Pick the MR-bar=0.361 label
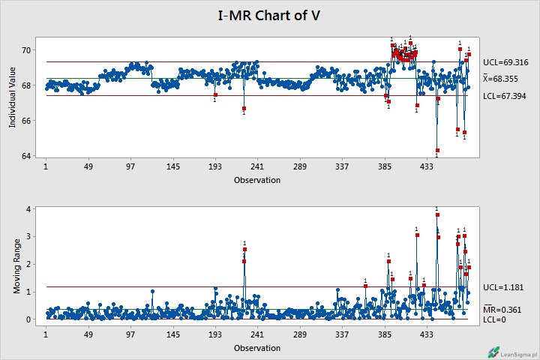click(x=502, y=309)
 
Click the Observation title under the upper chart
click(x=257, y=180)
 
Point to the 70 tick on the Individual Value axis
click(x=26, y=50)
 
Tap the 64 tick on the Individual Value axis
click(x=26, y=156)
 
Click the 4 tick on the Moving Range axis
click(x=28, y=209)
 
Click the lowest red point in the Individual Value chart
click(x=437, y=151)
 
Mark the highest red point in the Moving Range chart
click(x=437, y=215)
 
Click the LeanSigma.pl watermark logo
click(x=493, y=351)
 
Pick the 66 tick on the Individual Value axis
click(x=26, y=121)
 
